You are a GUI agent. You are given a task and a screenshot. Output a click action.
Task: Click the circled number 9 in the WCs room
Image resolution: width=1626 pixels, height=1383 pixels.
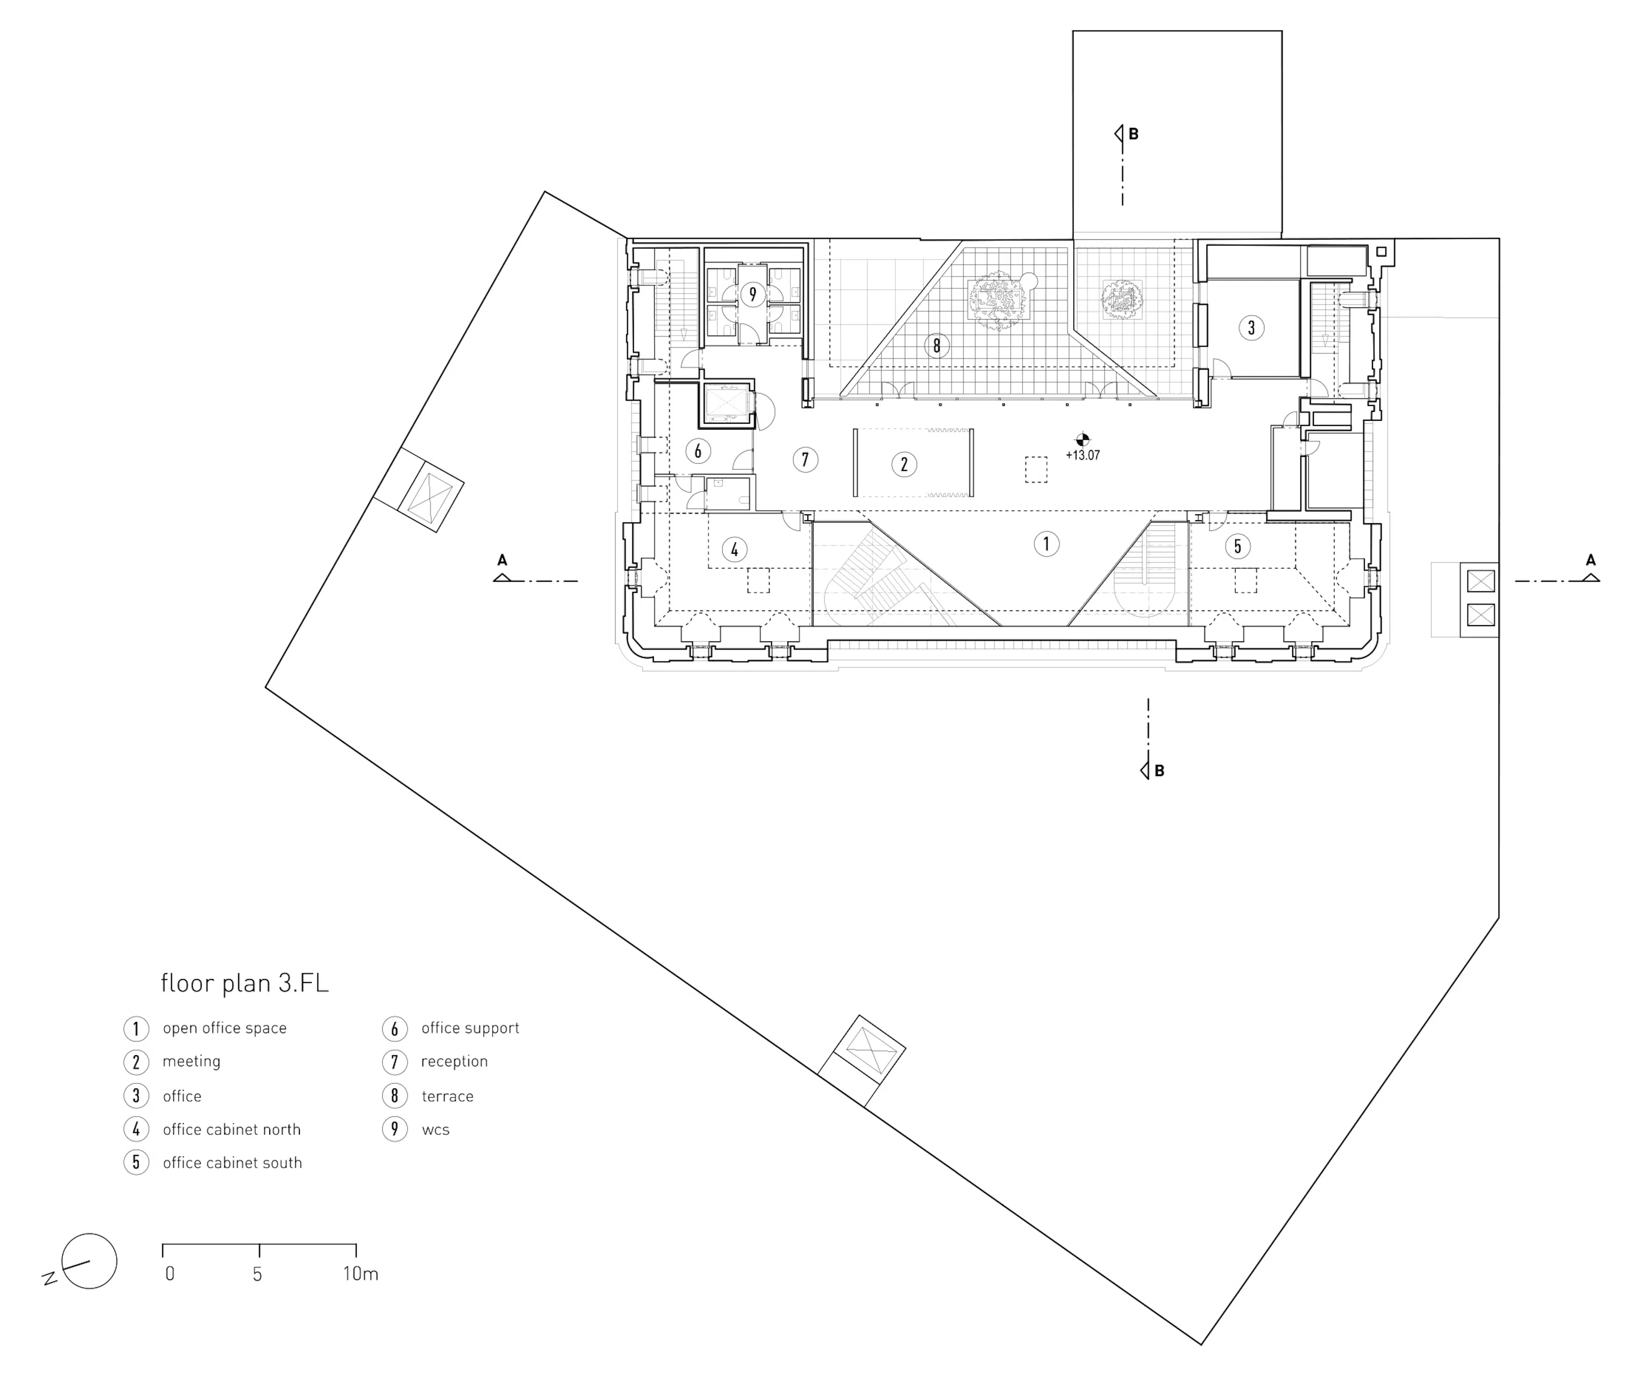pos(752,295)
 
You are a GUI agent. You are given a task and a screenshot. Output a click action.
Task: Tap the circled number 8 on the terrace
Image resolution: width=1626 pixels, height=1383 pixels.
pos(937,346)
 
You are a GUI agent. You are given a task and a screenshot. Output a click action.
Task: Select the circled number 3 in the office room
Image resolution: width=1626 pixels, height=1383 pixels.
pos(1251,328)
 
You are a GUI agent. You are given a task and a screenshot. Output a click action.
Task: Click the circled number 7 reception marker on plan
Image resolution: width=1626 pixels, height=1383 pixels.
pos(805,459)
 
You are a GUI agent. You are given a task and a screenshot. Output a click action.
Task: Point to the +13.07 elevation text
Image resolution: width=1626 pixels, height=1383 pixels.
pos(1082,455)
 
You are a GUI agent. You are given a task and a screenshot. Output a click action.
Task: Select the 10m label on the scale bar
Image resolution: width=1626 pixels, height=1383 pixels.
pos(360,1274)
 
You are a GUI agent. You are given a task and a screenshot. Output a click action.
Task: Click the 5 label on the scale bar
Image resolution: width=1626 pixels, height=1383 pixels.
pos(257,1274)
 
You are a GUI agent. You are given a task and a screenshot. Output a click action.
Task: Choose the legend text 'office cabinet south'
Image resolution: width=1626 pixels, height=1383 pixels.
pos(232,1163)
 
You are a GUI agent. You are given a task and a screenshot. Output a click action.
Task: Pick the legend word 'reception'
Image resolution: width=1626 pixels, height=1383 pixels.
pos(454,1062)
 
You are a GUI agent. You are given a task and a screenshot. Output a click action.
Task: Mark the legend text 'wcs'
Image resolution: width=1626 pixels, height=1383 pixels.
pos(435,1130)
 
